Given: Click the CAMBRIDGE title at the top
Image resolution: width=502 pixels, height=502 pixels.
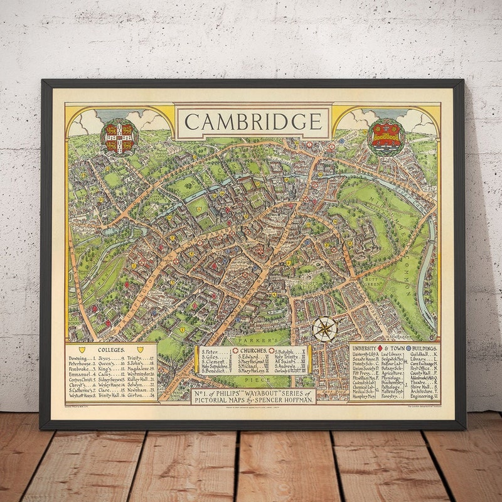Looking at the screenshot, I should pyautogui.click(x=253, y=122).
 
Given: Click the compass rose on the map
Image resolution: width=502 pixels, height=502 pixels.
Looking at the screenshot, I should pyautogui.click(x=324, y=329).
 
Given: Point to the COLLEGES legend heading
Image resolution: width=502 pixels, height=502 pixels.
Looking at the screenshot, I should pyautogui.click(x=111, y=350).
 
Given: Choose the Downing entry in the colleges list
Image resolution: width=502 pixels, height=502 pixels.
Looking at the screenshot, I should pyautogui.click(x=80, y=359).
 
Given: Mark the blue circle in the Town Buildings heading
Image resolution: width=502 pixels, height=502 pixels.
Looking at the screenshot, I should pyautogui.click(x=408, y=347).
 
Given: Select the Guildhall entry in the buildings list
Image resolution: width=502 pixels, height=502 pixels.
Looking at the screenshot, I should pyautogui.click(x=424, y=355).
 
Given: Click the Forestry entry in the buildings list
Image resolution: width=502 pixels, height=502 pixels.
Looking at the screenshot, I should pyautogui.click(x=390, y=397).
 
